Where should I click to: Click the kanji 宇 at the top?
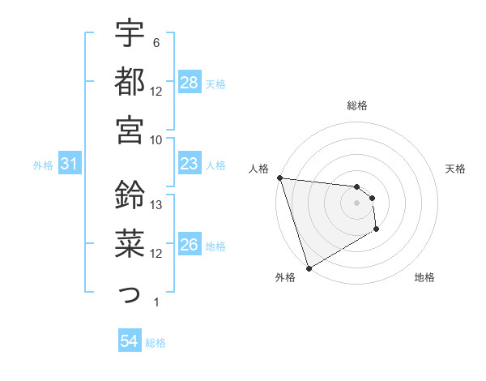(x=130, y=35)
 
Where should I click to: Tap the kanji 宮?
(x=130, y=130)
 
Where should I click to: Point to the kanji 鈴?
(x=130, y=195)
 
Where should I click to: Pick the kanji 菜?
(x=130, y=243)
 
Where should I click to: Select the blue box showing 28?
(x=190, y=83)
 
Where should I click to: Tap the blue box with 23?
(x=190, y=165)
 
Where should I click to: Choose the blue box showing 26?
(x=190, y=246)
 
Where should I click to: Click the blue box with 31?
(x=70, y=165)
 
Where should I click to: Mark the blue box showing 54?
(x=130, y=341)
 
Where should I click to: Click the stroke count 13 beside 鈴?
(x=157, y=206)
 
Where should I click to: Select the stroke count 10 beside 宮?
(x=157, y=139)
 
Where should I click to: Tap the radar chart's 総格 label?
(x=357, y=105)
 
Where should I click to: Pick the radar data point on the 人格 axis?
(x=279, y=178)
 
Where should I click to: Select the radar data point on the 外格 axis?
(x=309, y=268)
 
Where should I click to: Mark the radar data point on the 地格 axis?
(x=377, y=230)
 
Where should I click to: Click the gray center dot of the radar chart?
(x=357, y=203)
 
